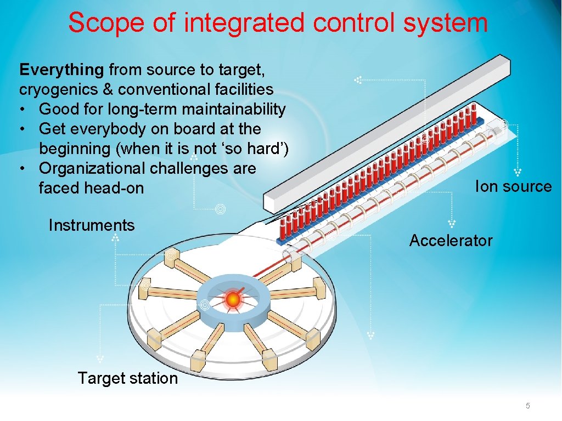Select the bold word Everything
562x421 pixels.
tap(61, 70)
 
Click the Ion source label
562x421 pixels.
tap(513, 186)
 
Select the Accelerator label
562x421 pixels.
tap(451, 241)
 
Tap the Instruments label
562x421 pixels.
tap(92, 225)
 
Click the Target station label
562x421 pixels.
tap(127, 378)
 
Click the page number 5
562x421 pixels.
tap(528, 406)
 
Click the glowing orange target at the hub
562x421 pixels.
tap(233, 299)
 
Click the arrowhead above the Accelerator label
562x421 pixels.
tap(452, 224)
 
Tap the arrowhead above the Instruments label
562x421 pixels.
tap(115, 238)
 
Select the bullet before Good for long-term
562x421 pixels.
tap(23, 110)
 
